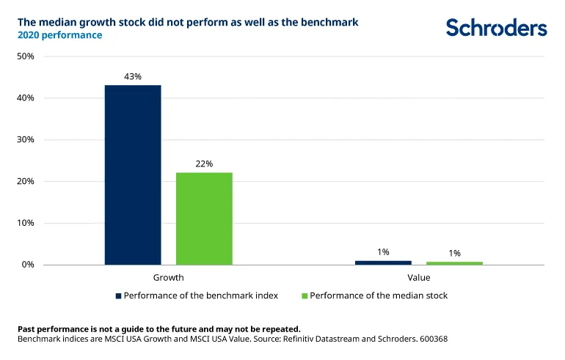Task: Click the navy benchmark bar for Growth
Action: coord(133,175)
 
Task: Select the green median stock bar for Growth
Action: coord(204,219)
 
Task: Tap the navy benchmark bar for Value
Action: coord(383,262)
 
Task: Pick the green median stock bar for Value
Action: coord(454,263)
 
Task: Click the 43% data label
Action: coord(133,76)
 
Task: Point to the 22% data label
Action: coord(204,164)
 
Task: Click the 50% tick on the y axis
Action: coord(26,56)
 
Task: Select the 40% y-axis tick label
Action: coord(26,98)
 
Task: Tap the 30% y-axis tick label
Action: coord(26,140)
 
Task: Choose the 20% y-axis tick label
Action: coord(26,181)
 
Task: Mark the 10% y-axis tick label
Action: coord(26,223)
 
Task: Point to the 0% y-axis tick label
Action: coord(28,265)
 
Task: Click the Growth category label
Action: coord(168,278)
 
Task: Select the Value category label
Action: coord(419,278)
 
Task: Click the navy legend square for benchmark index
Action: coord(118,296)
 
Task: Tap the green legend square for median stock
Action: coord(305,296)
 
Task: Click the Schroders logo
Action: coord(497,27)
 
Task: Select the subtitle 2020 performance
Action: coord(60,35)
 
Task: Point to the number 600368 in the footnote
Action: coord(434,339)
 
